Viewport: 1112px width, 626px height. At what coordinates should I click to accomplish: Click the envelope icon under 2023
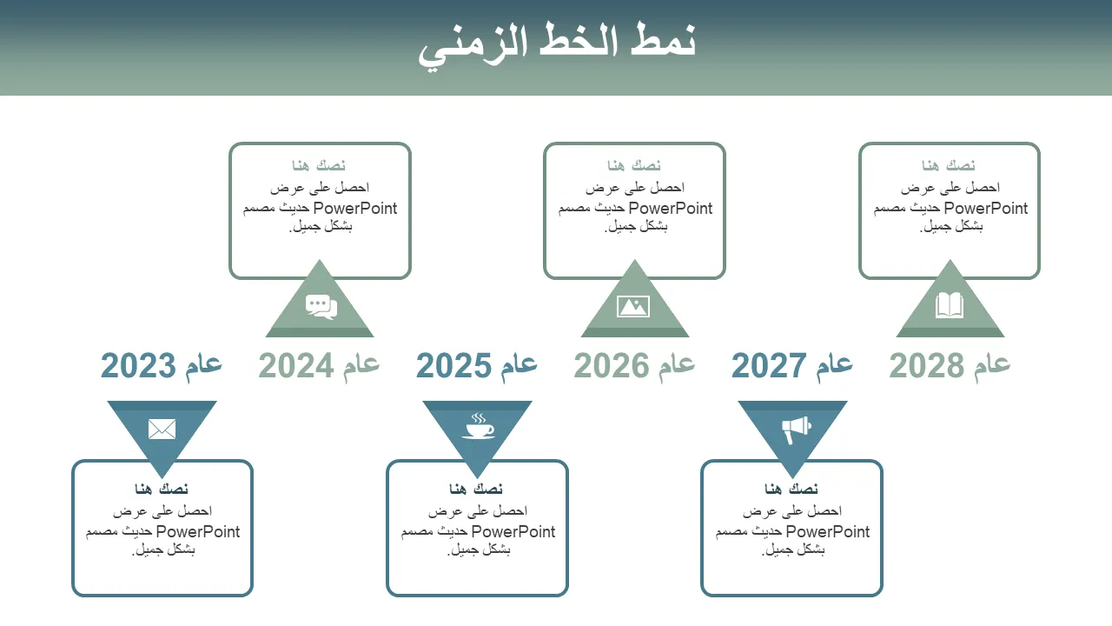[x=162, y=430]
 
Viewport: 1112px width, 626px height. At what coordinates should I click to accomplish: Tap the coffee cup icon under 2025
[x=478, y=425]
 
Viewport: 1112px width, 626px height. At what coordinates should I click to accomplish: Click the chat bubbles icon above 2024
[x=321, y=307]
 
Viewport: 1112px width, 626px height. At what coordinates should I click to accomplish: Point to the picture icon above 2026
[x=633, y=306]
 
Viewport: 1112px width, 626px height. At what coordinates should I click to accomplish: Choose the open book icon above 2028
[x=950, y=305]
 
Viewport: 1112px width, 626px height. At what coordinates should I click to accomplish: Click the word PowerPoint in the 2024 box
[x=355, y=208]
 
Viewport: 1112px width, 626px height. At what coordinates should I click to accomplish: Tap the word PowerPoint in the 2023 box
[x=198, y=531]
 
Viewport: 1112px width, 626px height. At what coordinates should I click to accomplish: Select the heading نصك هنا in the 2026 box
[x=634, y=165]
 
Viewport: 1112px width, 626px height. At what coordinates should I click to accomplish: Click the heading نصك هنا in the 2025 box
[x=476, y=489]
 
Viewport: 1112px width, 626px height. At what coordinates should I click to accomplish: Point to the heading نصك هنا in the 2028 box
[x=949, y=165]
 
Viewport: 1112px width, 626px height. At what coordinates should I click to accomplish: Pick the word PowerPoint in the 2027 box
[x=828, y=531]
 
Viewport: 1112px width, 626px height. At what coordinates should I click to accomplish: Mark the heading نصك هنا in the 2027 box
[x=791, y=489]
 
